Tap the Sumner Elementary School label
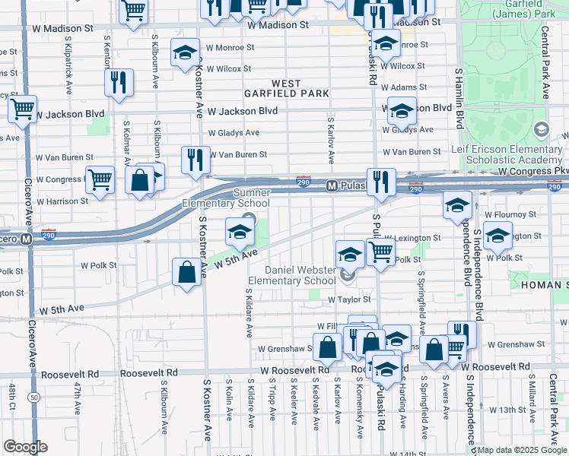(x=225, y=198)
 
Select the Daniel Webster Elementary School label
(x=299, y=275)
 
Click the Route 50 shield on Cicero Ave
(x=33, y=397)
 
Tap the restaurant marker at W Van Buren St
(x=195, y=160)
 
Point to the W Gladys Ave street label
(x=237, y=132)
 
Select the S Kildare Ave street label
(x=249, y=312)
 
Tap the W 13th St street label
(x=510, y=410)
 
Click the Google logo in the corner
(x=24, y=447)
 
